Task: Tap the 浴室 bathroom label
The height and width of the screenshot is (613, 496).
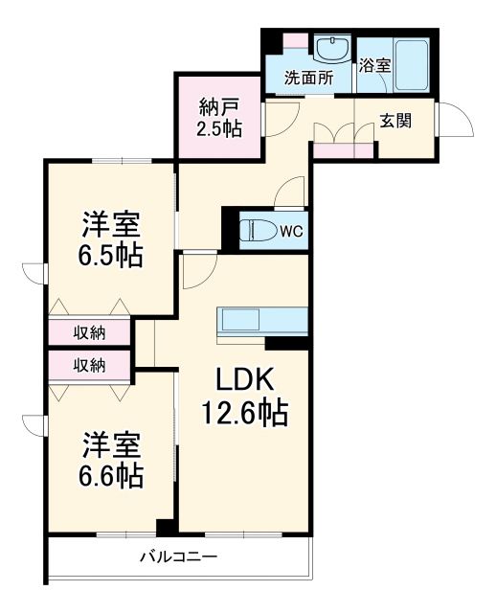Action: coord(374,66)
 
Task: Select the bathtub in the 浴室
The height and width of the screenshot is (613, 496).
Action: coord(413,62)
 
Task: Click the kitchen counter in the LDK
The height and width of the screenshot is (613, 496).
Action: coord(261,320)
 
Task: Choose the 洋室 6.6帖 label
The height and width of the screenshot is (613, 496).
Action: coord(111,459)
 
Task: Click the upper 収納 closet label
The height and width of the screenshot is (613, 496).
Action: coord(90,333)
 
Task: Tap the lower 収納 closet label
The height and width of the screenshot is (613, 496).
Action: coord(90,364)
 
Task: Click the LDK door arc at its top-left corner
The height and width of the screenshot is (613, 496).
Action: coord(197,273)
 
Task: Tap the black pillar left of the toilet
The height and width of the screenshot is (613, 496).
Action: coord(229,229)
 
